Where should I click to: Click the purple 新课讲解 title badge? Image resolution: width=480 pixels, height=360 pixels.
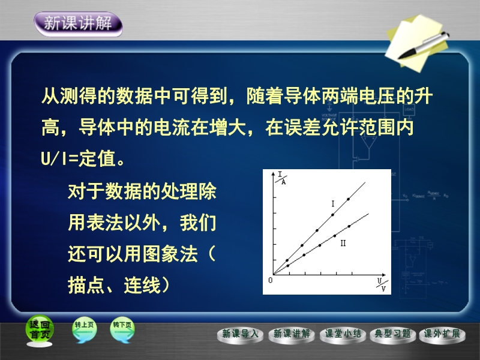(x=79, y=24)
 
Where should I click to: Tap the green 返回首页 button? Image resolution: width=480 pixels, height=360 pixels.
(x=40, y=330)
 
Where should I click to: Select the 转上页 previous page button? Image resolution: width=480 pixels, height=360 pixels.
(x=84, y=329)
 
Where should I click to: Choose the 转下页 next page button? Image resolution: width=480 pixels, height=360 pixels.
(x=122, y=329)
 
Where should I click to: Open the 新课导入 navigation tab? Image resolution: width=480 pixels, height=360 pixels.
(x=240, y=335)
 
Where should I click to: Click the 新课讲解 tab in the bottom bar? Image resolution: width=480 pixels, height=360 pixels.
(x=292, y=335)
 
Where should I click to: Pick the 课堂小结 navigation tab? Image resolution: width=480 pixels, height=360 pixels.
(x=343, y=335)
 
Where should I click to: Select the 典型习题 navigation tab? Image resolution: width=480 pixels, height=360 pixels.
(x=393, y=335)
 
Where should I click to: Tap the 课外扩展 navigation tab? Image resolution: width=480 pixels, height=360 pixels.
(x=442, y=335)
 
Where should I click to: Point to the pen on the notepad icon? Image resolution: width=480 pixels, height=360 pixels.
(x=424, y=46)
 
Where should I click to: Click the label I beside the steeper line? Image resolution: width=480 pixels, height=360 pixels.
(x=333, y=203)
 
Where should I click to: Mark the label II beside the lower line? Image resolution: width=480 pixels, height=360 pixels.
(x=343, y=243)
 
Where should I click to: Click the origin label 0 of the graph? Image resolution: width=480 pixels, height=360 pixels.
(x=271, y=280)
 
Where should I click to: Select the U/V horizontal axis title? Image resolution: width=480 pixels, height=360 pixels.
(x=382, y=284)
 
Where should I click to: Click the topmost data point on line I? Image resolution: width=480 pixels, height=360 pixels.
(x=349, y=199)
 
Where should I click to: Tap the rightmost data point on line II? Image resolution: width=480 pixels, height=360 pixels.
(x=349, y=226)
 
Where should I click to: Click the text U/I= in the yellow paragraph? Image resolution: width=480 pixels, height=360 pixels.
(x=59, y=158)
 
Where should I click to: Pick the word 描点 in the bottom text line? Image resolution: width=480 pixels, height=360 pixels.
(x=86, y=286)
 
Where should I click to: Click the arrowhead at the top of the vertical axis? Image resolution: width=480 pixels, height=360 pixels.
(x=274, y=173)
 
